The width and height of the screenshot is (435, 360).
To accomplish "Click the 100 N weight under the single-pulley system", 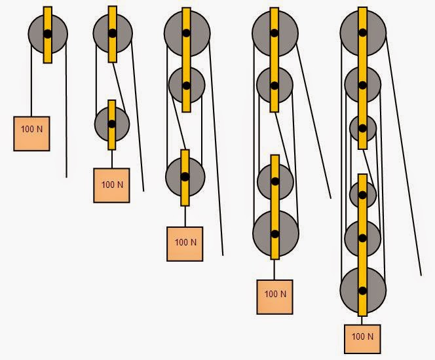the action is pos(31,134).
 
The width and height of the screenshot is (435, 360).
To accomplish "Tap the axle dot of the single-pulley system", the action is pos(48,34).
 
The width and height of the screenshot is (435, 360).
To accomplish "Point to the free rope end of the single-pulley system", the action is pos(66,177).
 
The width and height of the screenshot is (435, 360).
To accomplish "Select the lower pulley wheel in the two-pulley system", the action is pos(112,124).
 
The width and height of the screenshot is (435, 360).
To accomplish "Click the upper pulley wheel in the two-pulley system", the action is pos(113,33).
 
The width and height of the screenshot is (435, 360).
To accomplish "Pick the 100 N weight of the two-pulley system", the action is pos(111,185).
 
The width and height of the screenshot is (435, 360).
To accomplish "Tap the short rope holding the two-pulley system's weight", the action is pos(112,159).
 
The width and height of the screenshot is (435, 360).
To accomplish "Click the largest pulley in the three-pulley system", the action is pos(187,33).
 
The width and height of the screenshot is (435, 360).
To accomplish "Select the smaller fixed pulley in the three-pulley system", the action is pos(187,85).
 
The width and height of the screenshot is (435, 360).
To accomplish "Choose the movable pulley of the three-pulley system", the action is pos(185,177).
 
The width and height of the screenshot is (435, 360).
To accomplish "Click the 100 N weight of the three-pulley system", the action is pos(185,244).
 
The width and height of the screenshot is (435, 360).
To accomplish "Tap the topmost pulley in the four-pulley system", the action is pos(275,33).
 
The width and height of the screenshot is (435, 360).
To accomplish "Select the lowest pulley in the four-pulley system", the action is pos(276,234).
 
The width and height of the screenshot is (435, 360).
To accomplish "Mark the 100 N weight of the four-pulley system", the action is pos(274,297).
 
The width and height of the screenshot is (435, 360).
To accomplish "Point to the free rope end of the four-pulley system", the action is pos(331,198).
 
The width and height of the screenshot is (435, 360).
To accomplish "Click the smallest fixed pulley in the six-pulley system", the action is pos(363,128).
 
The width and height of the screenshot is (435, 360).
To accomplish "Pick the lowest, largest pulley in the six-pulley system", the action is pos(363,291).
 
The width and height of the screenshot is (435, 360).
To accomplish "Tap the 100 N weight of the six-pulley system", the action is pos(362,339).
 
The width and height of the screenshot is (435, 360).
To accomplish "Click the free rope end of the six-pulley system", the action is pos(421,275).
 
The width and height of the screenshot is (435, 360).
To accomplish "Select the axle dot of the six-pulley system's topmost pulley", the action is pos(363,33).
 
